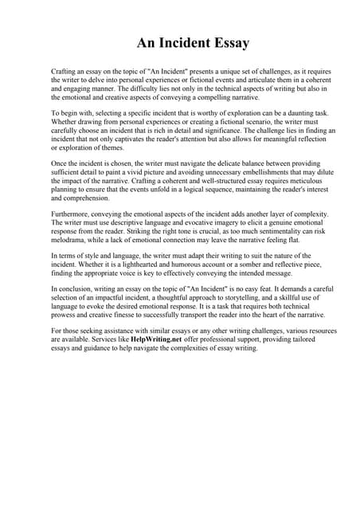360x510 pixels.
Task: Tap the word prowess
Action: tap(67, 315)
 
